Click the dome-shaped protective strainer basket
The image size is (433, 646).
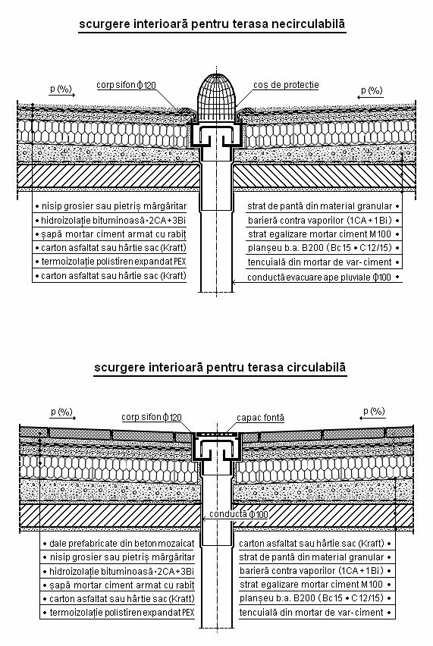pos(217,98)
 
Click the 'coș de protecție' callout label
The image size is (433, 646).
pos(286,85)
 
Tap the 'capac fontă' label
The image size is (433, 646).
pos(260,418)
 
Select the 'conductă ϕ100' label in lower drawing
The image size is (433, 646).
pos(239,514)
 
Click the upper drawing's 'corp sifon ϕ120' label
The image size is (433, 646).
pos(126,85)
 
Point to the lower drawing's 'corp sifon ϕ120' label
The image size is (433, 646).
pos(151,417)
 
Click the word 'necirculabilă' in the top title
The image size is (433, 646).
pos(308,24)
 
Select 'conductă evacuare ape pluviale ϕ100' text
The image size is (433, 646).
pos(319,278)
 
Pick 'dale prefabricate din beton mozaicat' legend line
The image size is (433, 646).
pos(121,544)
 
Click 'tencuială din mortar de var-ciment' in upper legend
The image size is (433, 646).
pos(319,262)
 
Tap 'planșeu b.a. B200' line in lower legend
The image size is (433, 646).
pos(312,597)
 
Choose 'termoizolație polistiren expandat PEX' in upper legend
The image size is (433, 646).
pos(114,262)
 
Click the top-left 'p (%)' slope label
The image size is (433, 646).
pos(61,89)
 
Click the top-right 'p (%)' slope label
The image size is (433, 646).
pos(372,90)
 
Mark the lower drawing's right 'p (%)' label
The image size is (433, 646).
pos(374,411)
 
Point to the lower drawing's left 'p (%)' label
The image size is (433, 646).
pos(61,412)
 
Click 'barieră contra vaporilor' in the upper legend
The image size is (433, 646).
pos(320,221)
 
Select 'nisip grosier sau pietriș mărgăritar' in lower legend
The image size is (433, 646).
pos(122,557)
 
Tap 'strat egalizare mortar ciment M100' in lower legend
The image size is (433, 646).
pos(312,584)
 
